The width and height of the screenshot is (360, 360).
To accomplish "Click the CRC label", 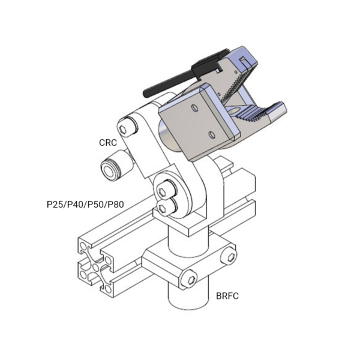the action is click(107, 143).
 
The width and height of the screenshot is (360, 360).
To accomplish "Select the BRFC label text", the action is click(227, 296).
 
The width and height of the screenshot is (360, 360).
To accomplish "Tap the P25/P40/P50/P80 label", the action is click(85, 205).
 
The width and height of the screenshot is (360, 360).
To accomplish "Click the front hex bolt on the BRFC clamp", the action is click(190, 280).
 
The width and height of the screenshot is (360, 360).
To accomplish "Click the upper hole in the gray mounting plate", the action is click(194, 107).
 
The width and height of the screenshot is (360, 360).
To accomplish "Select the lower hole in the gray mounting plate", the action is click(211, 135).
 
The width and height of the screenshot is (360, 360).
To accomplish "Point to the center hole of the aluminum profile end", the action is click(95, 267).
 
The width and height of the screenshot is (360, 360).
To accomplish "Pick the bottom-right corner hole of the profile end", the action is click(108, 289).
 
